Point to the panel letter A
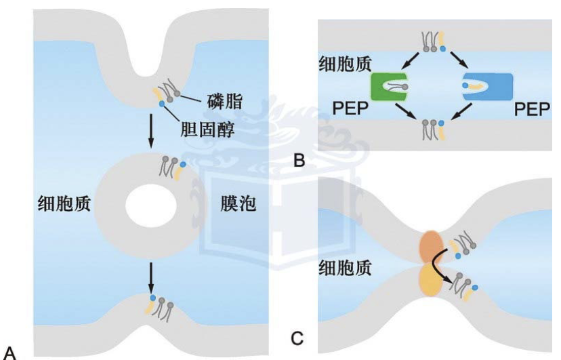coord(9,351)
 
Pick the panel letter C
coord(296,336)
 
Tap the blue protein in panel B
coord(488,86)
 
